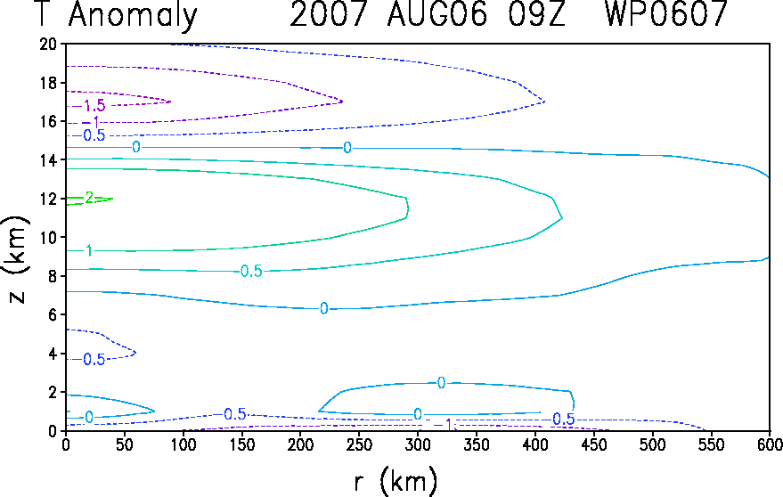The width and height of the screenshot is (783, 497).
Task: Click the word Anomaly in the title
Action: [x=134, y=15]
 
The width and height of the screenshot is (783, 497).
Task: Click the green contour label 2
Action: [x=89, y=198]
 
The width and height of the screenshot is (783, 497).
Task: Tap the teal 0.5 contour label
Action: [x=251, y=271]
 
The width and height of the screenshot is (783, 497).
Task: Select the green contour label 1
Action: [x=89, y=250]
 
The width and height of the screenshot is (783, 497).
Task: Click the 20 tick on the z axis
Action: [x=49, y=44]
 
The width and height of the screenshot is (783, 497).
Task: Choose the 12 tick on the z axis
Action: [x=49, y=199]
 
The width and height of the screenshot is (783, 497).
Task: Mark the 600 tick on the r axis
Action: [x=770, y=444]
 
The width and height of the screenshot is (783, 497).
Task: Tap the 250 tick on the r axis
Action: [x=359, y=444]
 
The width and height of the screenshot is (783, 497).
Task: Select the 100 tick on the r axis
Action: [x=183, y=444]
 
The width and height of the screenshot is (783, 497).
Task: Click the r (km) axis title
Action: [x=396, y=482]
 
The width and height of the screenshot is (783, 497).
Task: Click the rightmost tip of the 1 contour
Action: [x=408, y=208]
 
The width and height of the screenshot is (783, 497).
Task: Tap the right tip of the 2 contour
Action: [x=113, y=199]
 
